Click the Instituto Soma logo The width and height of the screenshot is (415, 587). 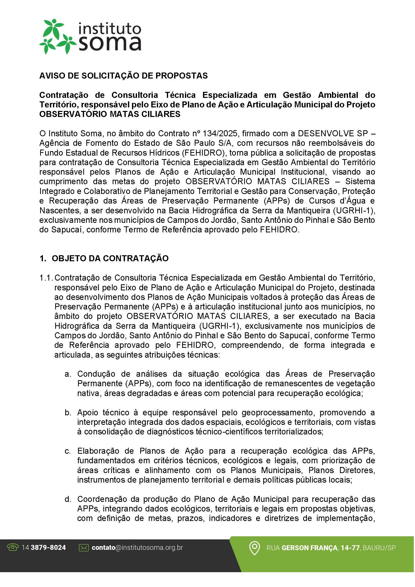pyautogui.click(x=90, y=37)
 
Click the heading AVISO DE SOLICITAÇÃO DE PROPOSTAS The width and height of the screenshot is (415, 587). pyautogui.click(x=123, y=76)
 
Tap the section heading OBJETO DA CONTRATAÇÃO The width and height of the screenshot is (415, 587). pyautogui.click(x=110, y=258)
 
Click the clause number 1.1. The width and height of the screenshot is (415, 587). pyautogui.click(x=46, y=278)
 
